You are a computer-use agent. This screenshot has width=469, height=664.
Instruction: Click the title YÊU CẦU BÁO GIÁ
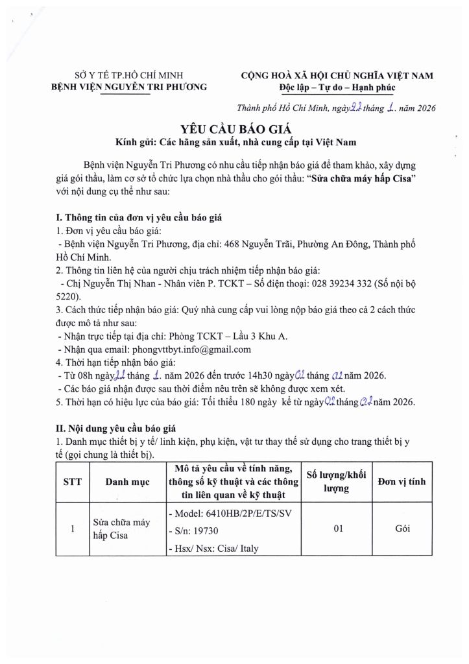(234, 127)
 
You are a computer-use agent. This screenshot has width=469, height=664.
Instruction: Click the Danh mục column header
(128, 482)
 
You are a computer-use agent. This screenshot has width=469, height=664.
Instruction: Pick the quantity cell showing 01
(337, 529)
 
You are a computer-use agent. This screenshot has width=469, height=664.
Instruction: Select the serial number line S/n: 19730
(195, 531)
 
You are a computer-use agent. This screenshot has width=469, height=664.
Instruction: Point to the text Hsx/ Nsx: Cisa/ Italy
(214, 549)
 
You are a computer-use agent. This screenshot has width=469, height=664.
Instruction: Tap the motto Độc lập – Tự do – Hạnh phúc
(337, 87)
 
